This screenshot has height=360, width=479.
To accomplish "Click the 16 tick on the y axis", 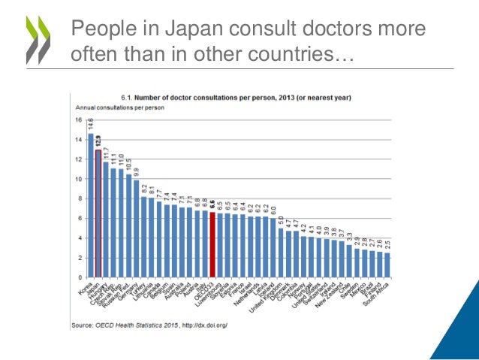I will (77, 120).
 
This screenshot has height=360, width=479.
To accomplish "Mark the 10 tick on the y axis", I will (77, 179).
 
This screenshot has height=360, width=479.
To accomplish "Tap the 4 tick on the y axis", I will (79, 238).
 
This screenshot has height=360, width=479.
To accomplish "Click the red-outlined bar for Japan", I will (98, 213).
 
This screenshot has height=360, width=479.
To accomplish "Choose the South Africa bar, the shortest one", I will (387, 265).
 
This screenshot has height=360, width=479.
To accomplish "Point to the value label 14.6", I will (90, 125).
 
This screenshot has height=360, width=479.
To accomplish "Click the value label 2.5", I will (387, 244).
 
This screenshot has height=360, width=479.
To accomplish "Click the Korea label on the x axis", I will (84, 289).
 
